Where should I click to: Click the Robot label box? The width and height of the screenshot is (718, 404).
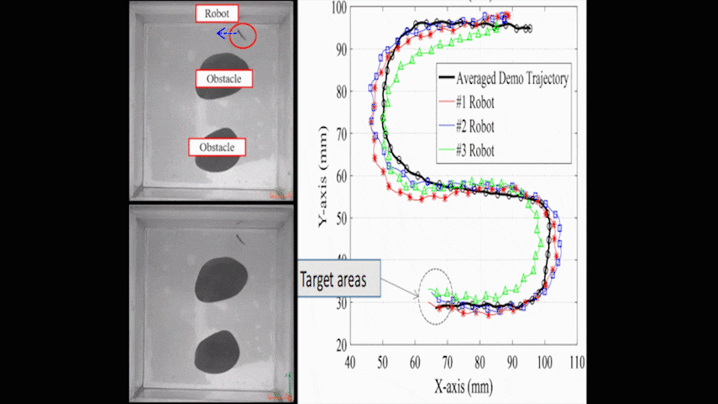tap(217, 13)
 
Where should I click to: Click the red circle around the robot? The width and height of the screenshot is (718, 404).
tap(243, 35)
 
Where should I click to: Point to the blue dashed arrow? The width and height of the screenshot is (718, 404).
tap(224, 34)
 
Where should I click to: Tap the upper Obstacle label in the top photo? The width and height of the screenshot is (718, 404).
tap(224, 79)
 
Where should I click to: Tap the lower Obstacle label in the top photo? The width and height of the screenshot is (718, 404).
tap(218, 147)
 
